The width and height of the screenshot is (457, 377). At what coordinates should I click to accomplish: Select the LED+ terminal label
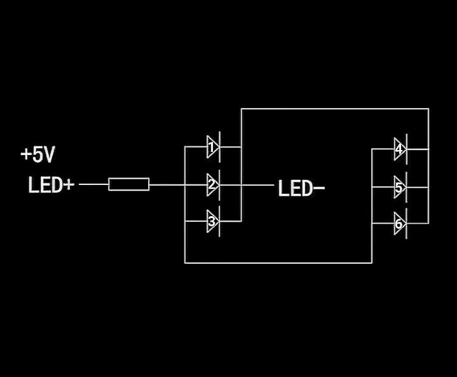(x=51, y=185)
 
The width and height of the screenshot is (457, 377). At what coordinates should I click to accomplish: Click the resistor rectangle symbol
(x=129, y=184)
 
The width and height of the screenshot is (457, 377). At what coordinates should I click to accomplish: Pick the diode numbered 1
(x=213, y=147)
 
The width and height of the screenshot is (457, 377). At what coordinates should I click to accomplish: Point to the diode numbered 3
(x=213, y=222)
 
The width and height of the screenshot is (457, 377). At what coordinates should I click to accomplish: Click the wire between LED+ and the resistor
(x=93, y=184)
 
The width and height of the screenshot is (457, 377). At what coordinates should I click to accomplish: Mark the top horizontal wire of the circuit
(x=334, y=109)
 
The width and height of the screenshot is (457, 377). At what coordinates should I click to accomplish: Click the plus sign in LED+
(x=69, y=185)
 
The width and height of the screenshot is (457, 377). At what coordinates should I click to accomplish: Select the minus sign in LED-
(x=319, y=188)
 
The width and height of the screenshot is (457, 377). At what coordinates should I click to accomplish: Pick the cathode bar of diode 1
(x=220, y=147)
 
